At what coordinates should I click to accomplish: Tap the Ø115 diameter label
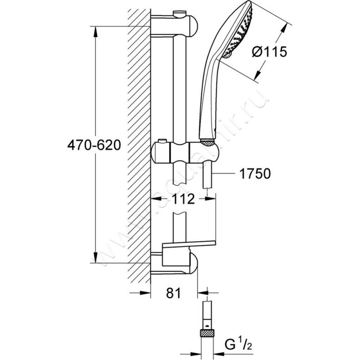tap(269, 52)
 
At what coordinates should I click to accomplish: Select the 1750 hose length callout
tap(255, 174)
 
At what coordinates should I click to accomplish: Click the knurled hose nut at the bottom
tap(207, 333)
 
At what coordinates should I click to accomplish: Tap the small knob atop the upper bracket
tap(180, 12)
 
